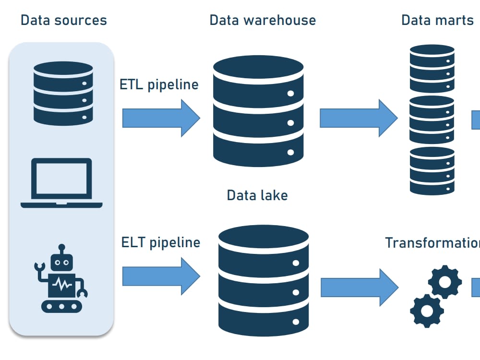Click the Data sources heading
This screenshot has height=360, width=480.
coord(63,20)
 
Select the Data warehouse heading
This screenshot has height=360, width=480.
coord(263,20)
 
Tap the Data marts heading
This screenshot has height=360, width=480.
coord(437,20)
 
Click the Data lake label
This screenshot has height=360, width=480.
coord(257,195)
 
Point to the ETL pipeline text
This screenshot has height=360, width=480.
coord(159,84)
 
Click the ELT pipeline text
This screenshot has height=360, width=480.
coord(160,242)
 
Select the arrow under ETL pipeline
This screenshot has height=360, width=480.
coord(161,118)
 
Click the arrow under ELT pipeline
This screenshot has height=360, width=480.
coord(161,276)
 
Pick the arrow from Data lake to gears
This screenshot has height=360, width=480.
coord(359,287)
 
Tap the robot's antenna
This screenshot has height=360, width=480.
coord(61,249)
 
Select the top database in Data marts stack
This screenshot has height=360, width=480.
coord(432,69)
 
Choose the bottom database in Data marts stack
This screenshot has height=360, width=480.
coord(432,171)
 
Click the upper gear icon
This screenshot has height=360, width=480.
coord(445,282)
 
